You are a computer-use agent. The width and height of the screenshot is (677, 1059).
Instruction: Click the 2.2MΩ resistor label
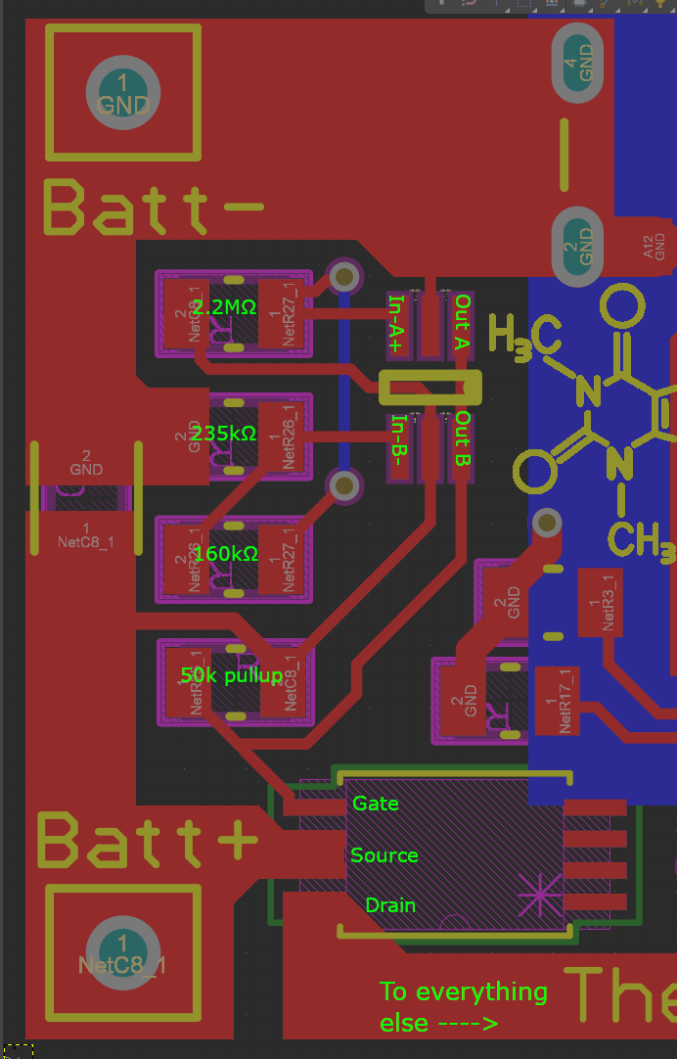click(x=224, y=307)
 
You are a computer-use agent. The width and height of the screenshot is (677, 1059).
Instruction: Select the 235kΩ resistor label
click(x=224, y=433)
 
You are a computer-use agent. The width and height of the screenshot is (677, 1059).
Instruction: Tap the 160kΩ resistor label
click(x=226, y=554)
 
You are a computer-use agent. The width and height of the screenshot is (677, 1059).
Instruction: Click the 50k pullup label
click(x=232, y=675)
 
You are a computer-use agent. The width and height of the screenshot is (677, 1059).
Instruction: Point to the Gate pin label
click(x=376, y=803)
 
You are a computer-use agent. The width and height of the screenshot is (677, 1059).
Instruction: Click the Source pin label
click(x=384, y=855)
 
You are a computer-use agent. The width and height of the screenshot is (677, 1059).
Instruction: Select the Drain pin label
click(x=390, y=905)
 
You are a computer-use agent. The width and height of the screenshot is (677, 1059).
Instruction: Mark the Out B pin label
click(x=463, y=439)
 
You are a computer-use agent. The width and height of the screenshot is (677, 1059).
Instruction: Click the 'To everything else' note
click(x=463, y=1006)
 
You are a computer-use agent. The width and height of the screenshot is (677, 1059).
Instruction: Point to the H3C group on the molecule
click(x=524, y=336)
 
